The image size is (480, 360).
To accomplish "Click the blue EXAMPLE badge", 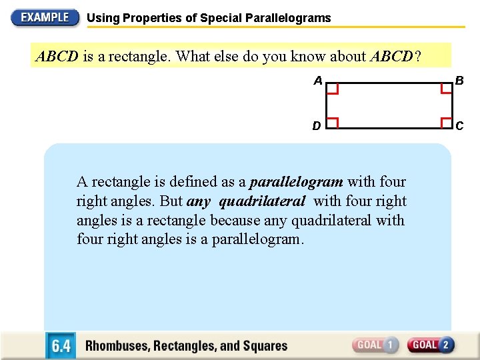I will coord(45,17).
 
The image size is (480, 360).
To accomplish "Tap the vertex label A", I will coord(318,81).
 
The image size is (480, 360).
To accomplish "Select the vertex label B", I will coord(459,81).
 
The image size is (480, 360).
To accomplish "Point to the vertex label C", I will coord(459,125).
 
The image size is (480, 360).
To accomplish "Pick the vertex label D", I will coord(317,125).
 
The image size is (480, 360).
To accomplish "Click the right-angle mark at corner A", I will coord(332,89).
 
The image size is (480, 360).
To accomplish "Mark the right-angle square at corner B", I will coord(446,89).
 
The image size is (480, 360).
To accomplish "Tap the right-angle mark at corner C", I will coord(446,122).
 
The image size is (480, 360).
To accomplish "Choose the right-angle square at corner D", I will coord(332,122).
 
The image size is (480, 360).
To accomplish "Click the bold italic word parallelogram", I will coord(296,182).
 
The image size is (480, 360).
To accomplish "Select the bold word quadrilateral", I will coord(262,201).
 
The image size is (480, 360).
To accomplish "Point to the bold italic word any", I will coord(199,201).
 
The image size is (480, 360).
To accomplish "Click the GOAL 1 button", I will coord(376,345).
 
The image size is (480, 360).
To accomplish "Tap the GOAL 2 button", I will coord(431,345).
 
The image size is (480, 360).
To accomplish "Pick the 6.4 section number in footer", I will coord(61,346).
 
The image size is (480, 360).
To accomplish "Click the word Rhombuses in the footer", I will coord(119,346).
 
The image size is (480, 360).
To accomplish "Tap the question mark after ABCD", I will coord(418,57).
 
